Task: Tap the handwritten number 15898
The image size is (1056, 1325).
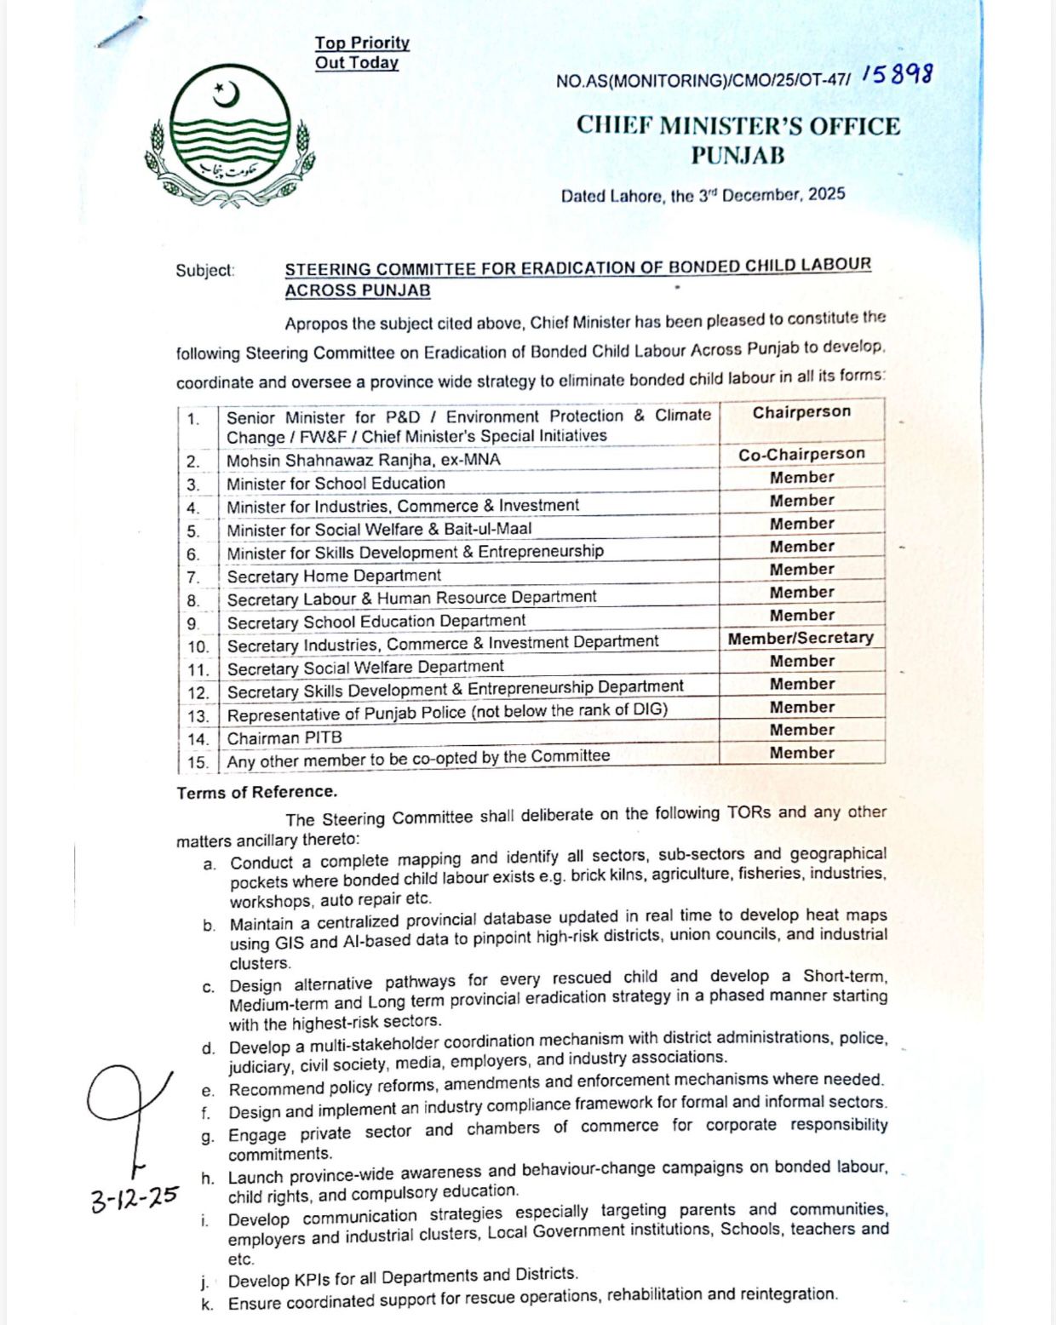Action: [897, 75]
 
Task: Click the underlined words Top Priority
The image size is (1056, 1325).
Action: [362, 43]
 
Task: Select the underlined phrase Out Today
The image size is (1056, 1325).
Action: [356, 63]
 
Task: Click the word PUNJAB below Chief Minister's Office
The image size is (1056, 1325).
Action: [737, 156]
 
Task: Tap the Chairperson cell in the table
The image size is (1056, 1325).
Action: [801, 412]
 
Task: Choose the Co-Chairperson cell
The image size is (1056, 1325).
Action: [801, 455]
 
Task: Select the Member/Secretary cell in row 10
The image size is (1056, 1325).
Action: [801, 638]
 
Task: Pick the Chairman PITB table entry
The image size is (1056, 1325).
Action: [284, 738]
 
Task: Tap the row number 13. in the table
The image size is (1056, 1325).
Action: [198, 716]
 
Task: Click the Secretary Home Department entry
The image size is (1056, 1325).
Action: [334, 576]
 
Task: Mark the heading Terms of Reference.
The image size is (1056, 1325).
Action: [256, 792]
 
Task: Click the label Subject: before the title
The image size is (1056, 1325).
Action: [204, 271]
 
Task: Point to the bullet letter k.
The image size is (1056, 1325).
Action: [208, 1305]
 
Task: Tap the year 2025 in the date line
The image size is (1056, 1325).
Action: [826, 194]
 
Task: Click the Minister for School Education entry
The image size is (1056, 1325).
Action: [336, 484]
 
